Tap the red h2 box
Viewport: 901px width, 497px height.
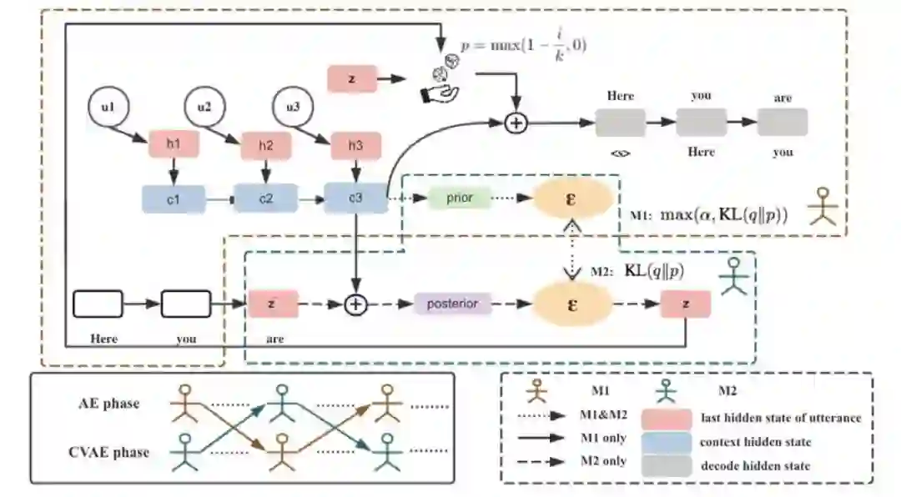tap(265, 144)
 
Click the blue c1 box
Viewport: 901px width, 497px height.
tap(173, 198)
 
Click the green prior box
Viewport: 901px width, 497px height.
tap(458, 198)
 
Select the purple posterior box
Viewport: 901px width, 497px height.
tap(453, 304)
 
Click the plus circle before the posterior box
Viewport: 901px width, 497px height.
tap(357, 304)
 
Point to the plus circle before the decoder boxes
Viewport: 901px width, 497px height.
tap(517, 123)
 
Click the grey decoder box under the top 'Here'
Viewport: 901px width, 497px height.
tap(621, 123)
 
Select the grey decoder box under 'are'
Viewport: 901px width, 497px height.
tap(782, 123)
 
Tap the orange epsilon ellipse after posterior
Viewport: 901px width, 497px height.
tap(572, 304)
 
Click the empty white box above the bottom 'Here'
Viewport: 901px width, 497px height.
tap(98, 304)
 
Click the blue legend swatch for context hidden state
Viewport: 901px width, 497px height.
tap(666, 442)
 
